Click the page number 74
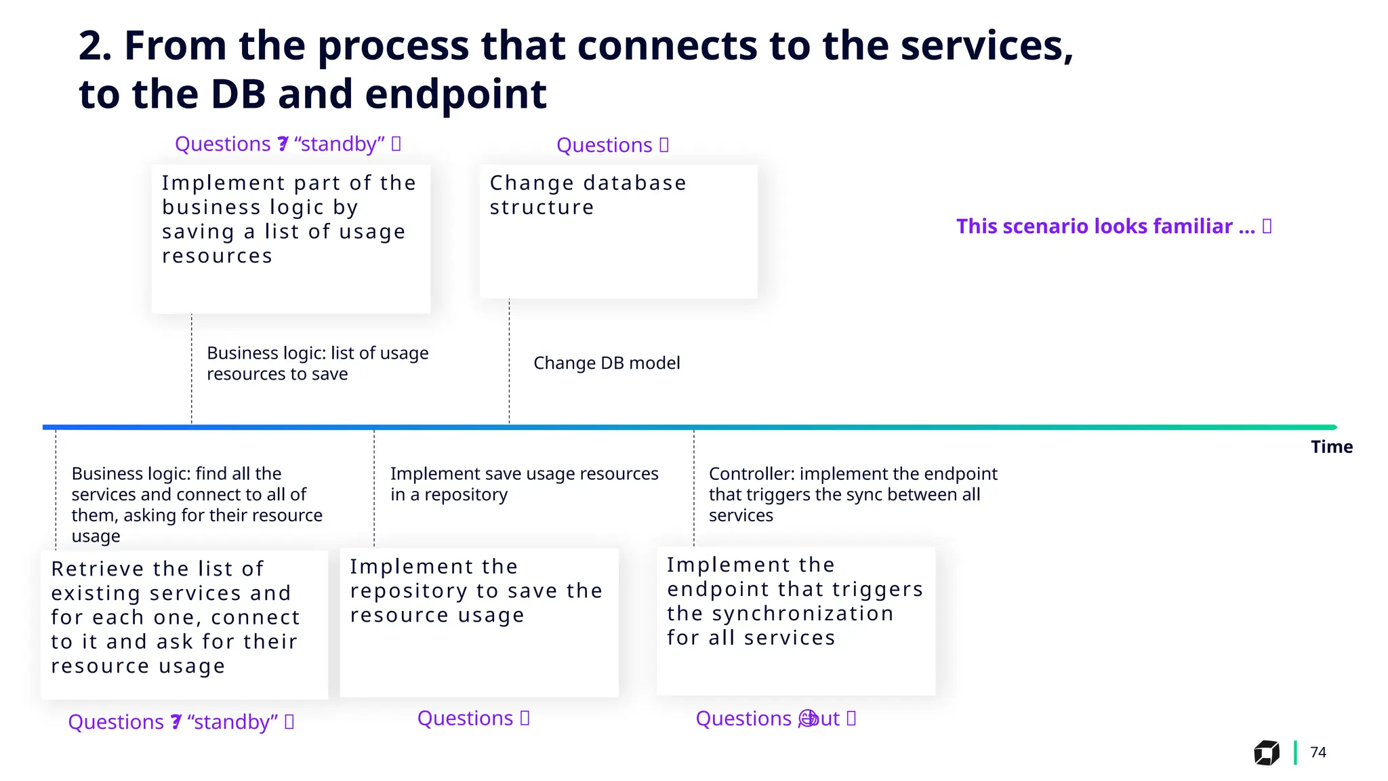coord(1318,752)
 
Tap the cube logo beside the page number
coord(1266,753)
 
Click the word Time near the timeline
coord(1331,447)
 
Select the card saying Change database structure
coord(618,231)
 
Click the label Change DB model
coord(607,363)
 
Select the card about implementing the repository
coord(479,622)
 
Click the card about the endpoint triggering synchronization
coord(796,620)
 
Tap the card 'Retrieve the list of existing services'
coord(184,624)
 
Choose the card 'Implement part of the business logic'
coord(291,239)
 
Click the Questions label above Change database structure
coord(612,145)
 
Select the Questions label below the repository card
coord(473,719)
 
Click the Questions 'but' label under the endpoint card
coord(775,719)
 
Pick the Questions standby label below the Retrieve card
coord(181,722)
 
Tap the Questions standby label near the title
coord(288,144)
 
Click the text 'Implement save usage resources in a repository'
coord(524,484)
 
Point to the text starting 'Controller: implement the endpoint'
coord(853,494)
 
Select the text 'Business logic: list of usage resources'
coord(317,363)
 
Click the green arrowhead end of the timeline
coord(1334,427)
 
